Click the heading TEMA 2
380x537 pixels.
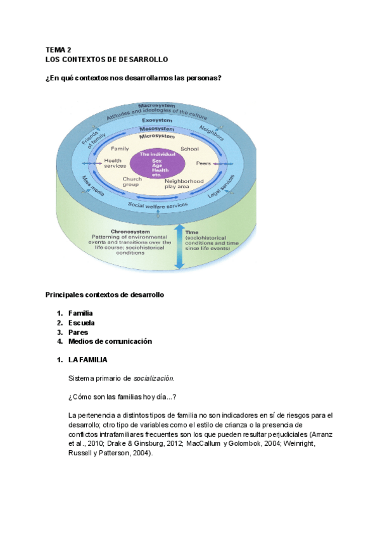59,49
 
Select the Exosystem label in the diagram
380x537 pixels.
157,120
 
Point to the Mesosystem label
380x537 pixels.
157,129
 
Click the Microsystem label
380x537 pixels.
157,136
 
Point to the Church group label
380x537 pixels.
132,182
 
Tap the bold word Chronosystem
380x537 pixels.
129,231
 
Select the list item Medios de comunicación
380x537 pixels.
110,341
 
